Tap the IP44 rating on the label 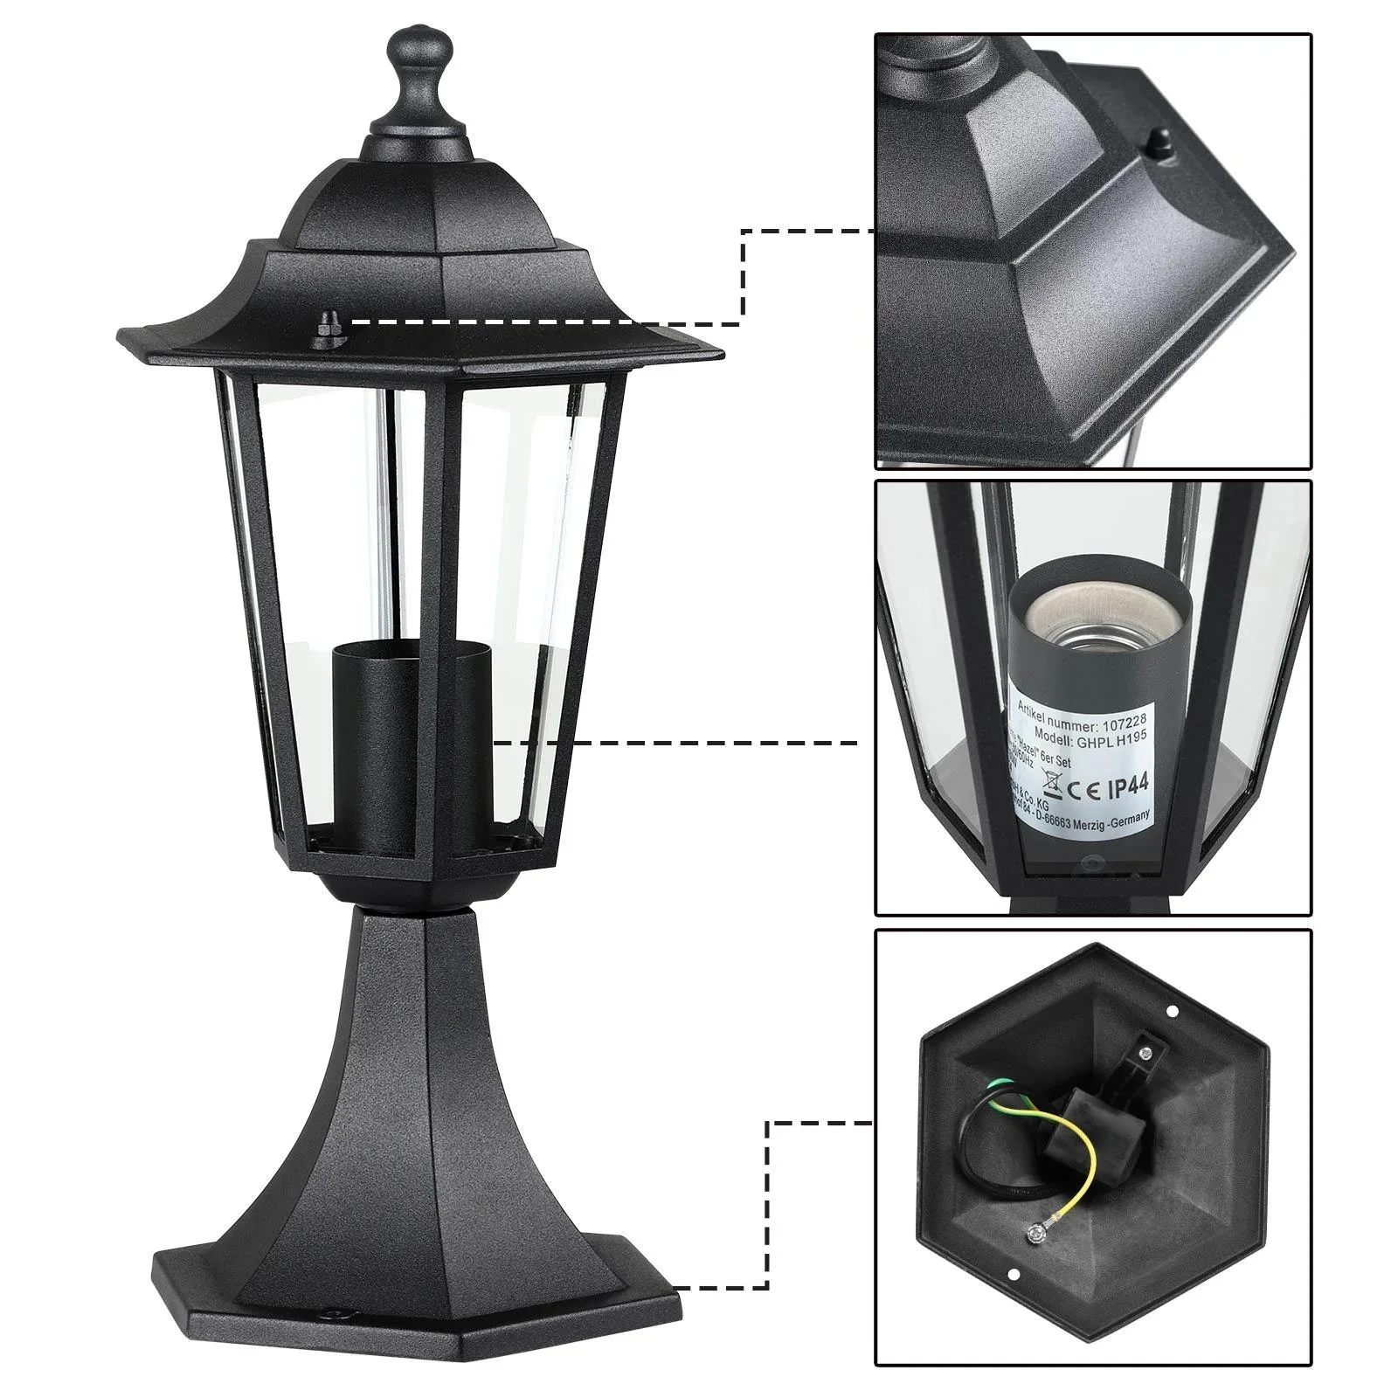point(1124,788)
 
